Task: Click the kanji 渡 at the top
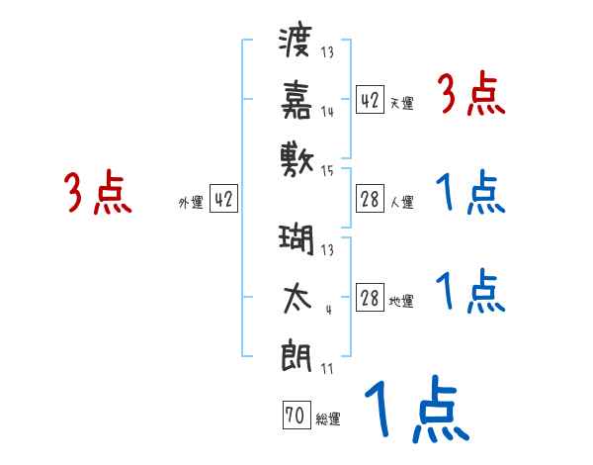click(296, 43)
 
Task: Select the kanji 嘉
click(296, 99)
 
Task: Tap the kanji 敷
click(296, 156)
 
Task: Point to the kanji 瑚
click(296, 240)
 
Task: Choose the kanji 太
click(296, 298)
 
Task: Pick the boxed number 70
click(295, 417)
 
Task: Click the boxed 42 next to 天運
click(370, 99)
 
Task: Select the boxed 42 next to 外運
click(223, 199)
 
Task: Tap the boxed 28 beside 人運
click(370, 200)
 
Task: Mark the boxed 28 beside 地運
click(370, 298)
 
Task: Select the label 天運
click(401, 103)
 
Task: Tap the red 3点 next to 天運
click(471, 96)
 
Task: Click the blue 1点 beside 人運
click(470, 193)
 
